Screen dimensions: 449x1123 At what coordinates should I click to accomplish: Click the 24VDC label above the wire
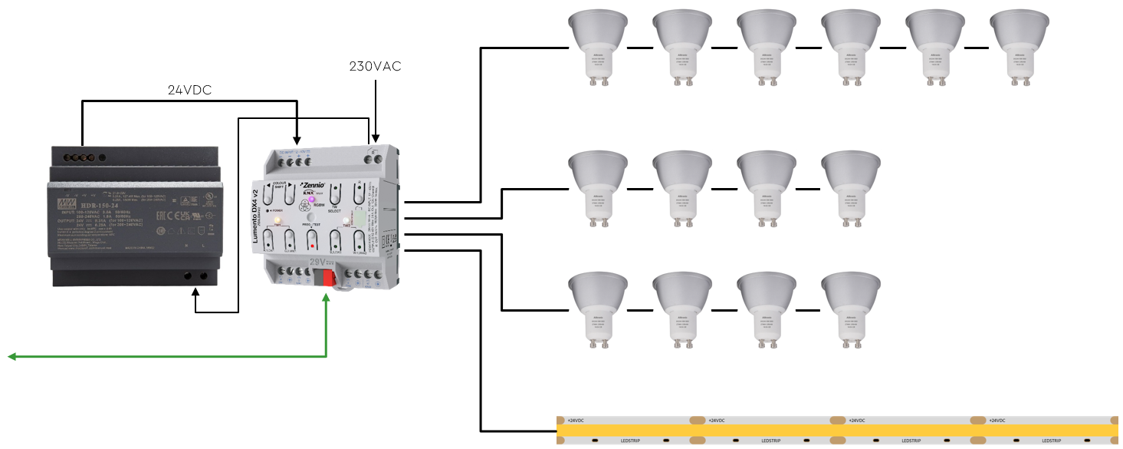[189, 90]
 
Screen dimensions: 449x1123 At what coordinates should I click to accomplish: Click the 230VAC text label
[375, 67]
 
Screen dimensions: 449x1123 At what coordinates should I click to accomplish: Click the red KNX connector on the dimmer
[330, 277]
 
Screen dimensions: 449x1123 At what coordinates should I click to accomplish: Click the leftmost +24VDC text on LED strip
[576, 421]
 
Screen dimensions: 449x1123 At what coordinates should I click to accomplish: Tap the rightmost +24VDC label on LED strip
[1000, 421]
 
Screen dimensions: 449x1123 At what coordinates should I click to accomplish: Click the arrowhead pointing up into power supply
[197, 292]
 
